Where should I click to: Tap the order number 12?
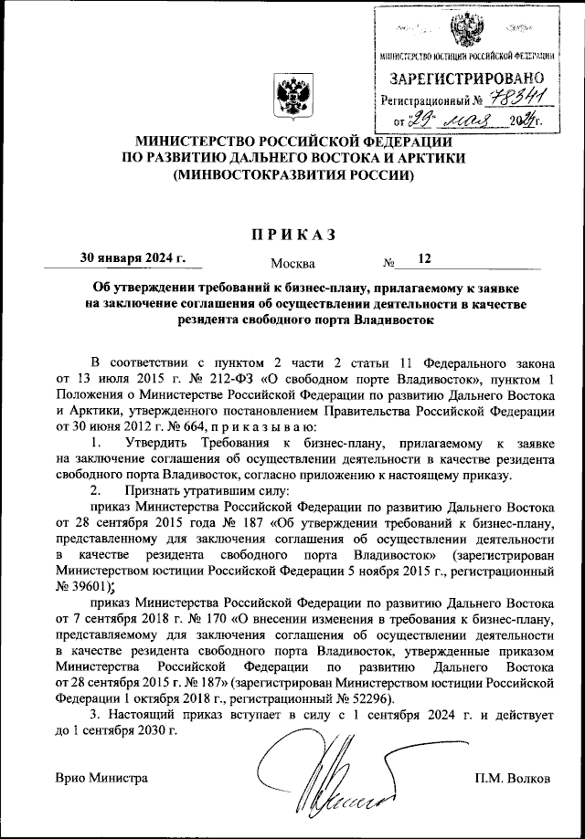coord(424,258)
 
